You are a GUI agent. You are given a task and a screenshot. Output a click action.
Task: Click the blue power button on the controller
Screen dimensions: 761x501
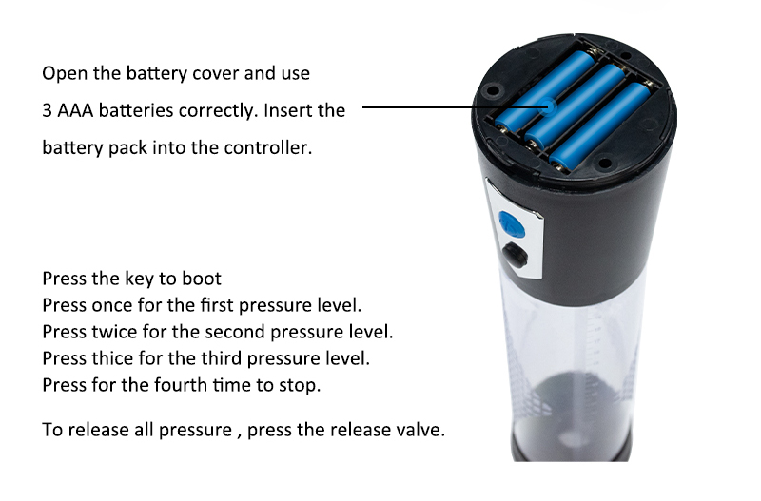(x=512, y=225)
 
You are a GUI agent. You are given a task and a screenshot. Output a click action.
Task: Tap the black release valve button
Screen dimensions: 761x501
(x=515, y=255)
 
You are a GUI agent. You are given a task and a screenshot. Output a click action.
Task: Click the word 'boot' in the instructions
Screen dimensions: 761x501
(x=202, y=279)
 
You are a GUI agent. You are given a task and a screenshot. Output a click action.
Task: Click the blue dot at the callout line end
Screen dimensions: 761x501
(x=548, y=106)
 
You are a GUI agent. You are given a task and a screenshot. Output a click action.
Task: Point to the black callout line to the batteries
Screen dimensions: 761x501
(x=453, y=107)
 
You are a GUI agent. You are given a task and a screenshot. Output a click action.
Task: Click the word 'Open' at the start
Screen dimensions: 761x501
(x=66, y=74)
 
